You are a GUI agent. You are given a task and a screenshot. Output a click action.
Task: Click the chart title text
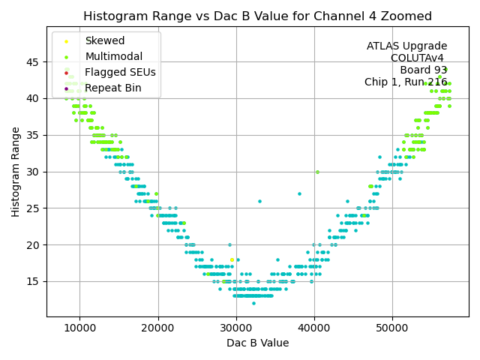(x=257, y=16)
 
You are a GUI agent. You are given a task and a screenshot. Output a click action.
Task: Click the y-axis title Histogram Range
(x=16, y=172)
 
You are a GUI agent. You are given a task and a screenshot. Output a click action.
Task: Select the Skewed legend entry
(x=105, y=41)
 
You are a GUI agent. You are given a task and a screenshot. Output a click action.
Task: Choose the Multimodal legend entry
(x=112, y=57)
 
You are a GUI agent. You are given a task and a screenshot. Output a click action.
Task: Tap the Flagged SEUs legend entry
(x=120, y=73)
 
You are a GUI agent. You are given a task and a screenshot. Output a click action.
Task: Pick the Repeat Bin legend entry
(x=112, y=88)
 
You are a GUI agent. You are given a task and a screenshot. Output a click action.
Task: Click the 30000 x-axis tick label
(x=236, y=328)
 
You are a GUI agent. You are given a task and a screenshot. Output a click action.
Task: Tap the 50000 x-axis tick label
(x=392, y=328)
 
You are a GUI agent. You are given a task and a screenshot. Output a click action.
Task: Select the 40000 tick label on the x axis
(x=314, y=328)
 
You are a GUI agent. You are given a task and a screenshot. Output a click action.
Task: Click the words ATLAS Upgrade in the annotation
(x=406, y=46)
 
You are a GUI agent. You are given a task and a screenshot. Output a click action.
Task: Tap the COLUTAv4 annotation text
(x=417, y=58)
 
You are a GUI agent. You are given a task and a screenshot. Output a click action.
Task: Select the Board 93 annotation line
(x=423, y=70)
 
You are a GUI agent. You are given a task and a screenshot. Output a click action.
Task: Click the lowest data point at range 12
(x=253, y=303)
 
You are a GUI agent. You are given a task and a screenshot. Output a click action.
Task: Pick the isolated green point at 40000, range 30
(x=317, y=172)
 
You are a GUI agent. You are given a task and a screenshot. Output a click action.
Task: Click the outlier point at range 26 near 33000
(x=259, y=201)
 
